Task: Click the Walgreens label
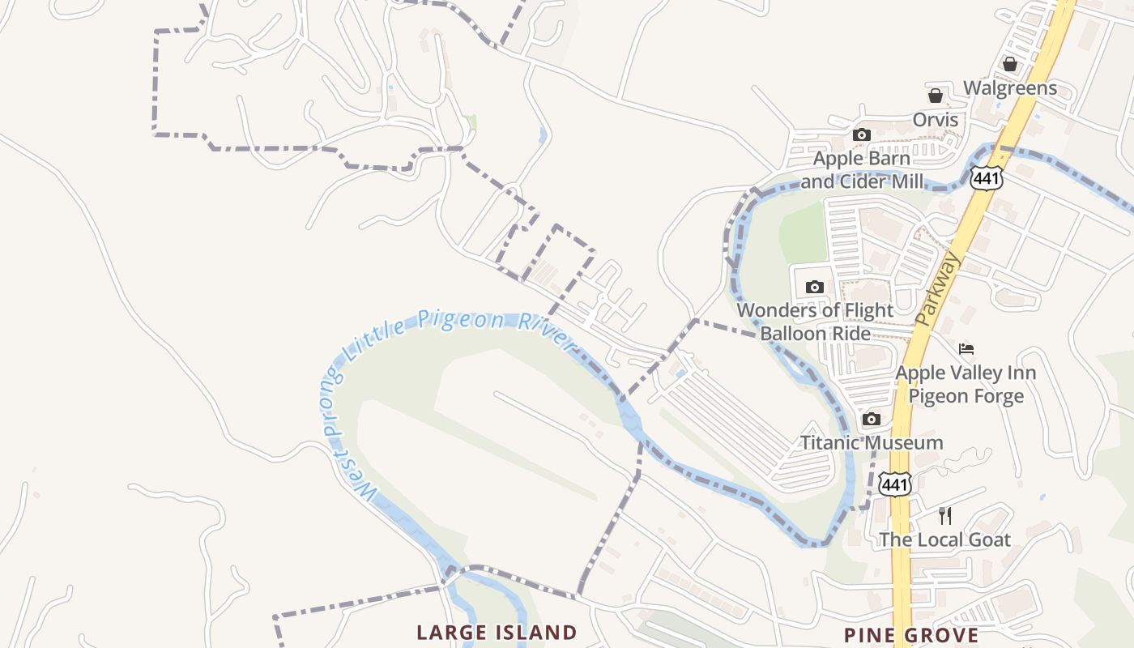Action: tap(1009, 88)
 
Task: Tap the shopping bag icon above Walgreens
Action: tap(1009, 64)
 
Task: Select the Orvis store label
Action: tap(935, 120)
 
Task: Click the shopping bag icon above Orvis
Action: tap(935, 96)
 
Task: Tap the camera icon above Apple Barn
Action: tap(861, 134)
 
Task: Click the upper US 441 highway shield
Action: tap(988, 177)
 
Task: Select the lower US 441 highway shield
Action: tap(895, 484)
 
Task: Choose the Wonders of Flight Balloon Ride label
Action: tap(815, 322)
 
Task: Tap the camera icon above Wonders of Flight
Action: tap(815, 287)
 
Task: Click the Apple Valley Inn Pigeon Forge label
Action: tap(966, 385)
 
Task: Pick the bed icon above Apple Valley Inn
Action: tap(966, 349)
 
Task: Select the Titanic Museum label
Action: tap(872, 443)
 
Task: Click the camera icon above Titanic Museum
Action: tap(872, 419)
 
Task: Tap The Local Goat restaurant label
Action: tap(944, 540)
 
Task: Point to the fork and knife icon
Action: tap(944, 516)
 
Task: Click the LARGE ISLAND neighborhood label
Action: tap(497, 633)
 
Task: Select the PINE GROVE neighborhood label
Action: tap(911, 635)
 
